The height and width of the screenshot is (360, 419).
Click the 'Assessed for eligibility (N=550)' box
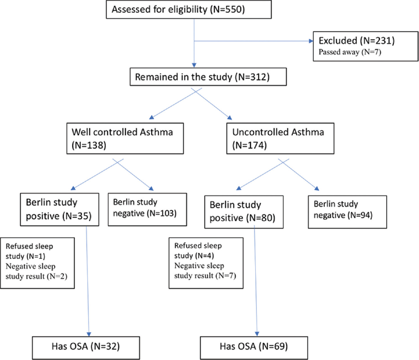(x=189, y=9)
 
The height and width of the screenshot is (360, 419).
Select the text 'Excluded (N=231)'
(x=356, y=41)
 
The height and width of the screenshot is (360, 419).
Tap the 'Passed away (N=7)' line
(x=350, y=52)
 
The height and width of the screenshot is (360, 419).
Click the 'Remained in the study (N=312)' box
(x=208, y=77)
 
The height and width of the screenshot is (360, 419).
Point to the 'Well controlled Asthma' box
(x=125, y=138)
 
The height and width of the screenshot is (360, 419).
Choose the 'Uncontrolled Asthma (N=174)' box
(x=280, y=138)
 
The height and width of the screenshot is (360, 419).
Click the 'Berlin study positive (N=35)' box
(x=60, y=209)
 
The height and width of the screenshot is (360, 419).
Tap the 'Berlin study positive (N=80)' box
(x=244, y=212)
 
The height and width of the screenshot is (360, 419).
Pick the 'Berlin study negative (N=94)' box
(x=347, y=212)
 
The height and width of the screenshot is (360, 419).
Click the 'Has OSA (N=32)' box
(x=86, y=348)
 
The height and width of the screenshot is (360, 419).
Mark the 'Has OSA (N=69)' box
(x=254, y=348)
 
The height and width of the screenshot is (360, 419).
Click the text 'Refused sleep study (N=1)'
(x=29, y=251)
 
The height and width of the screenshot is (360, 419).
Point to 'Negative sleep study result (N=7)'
(x=205, y=271)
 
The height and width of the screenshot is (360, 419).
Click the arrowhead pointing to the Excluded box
(x=311, y=41)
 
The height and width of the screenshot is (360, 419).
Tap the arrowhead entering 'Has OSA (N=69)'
(x=257, y=334)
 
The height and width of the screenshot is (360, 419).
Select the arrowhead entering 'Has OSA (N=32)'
(x=89, y=334)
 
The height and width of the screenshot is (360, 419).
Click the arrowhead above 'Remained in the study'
(x=194, y=65)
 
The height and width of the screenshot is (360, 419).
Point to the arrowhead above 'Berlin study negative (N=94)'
(x=317, y=188)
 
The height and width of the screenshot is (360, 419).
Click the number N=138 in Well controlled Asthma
(x=89, y=145)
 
